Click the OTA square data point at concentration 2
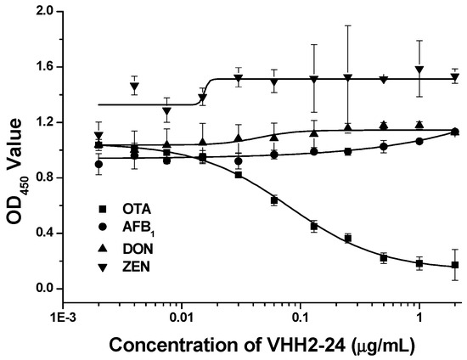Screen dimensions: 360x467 click(455, 265)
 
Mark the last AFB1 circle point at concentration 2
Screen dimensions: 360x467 click(455, 132)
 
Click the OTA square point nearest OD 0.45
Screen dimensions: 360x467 click(313, 227)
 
